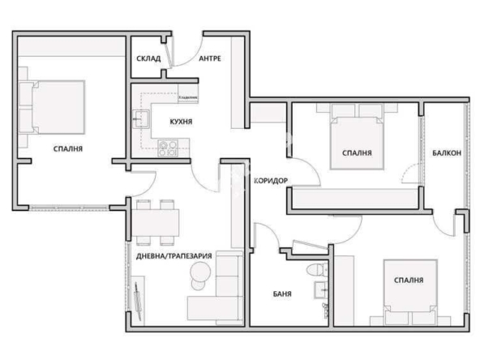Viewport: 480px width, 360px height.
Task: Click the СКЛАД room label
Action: click(148, 59)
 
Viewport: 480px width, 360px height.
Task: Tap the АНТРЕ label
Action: click(209, 59)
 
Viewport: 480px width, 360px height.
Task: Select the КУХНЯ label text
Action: click(180, 122)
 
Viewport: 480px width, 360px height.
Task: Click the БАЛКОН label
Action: click(447, 152)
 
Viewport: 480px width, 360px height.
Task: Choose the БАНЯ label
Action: click(281, 294)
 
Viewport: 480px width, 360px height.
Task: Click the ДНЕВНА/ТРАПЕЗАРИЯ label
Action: click(174, 255)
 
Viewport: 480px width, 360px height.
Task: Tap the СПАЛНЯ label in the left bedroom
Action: click(68, 148)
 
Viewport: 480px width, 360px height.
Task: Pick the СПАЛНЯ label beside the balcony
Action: click(357, 152)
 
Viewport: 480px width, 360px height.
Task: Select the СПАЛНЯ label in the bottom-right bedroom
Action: click(409, 280)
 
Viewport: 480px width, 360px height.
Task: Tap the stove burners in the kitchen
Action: click(169, 148)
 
